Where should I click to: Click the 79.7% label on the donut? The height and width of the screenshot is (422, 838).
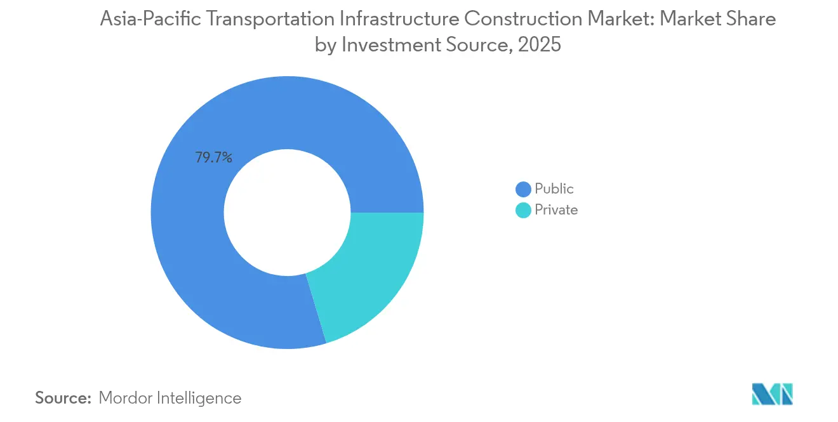pos(213,158)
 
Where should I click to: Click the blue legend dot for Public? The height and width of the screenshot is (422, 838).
pos(523,189)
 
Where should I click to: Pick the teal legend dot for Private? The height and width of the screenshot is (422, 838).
pos(523,211)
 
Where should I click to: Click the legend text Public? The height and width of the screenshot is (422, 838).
pos(554,189)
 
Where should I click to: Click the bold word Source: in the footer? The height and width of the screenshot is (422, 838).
pos(63,398)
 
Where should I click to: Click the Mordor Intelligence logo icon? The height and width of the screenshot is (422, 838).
pos(772,395)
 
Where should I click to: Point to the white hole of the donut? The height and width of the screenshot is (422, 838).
pos(287,213)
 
